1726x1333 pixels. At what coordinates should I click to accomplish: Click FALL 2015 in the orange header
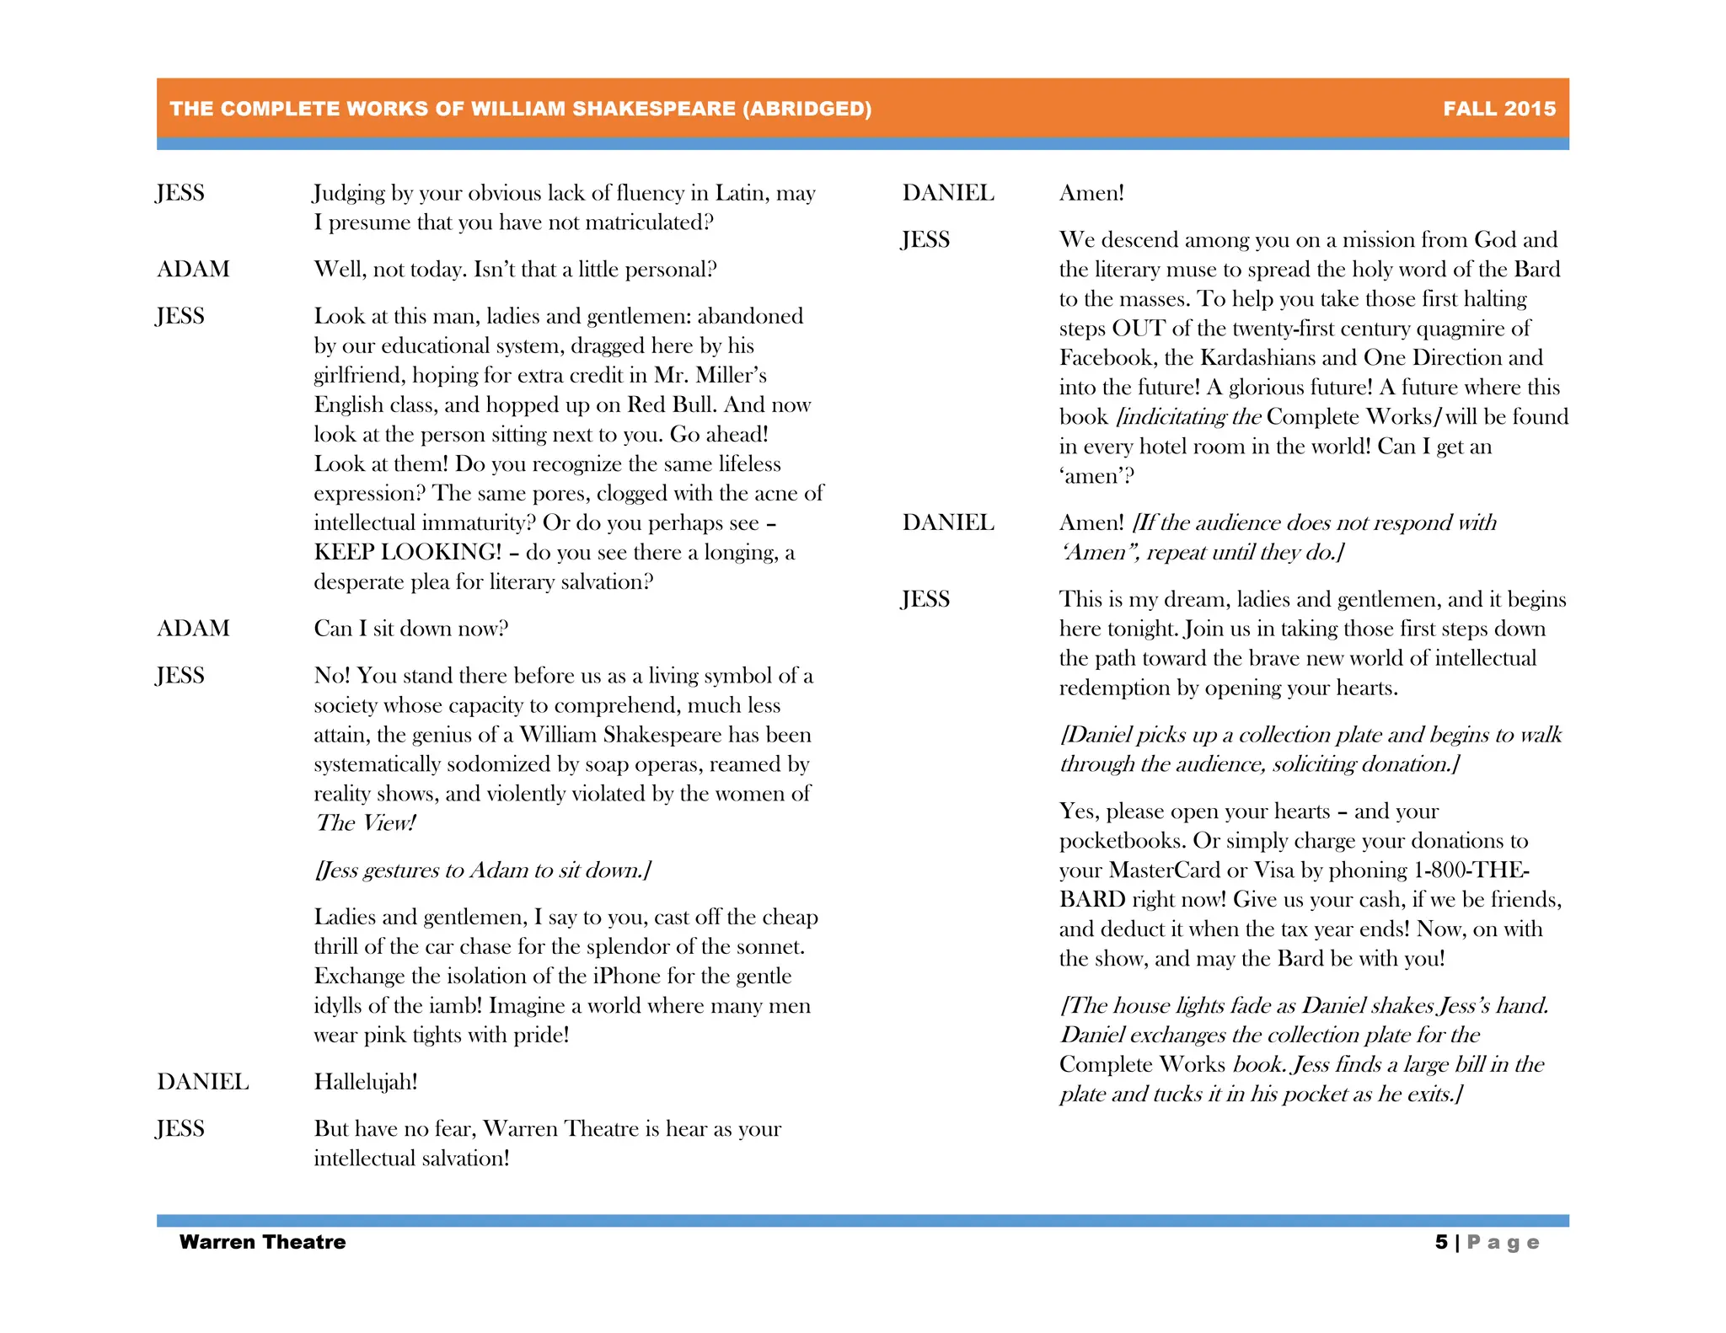click(1498, 109)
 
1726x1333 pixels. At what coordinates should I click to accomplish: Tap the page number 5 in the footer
click(1441, 1242)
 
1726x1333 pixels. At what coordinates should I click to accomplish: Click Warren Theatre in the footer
click(262, 1242)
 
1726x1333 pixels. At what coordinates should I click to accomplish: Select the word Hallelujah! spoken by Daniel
click(366, 1082)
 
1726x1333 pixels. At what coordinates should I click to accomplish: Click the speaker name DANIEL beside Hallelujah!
click(203, 1082)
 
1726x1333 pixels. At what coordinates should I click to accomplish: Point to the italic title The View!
click(366, 823)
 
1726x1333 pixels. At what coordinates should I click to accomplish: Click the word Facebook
click(1106, 358)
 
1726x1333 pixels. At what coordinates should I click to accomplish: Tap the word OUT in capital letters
click(1138, 329)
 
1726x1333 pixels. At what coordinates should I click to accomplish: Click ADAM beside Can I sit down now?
click(193, 629)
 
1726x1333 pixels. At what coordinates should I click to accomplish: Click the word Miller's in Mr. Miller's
click(730, 376)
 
